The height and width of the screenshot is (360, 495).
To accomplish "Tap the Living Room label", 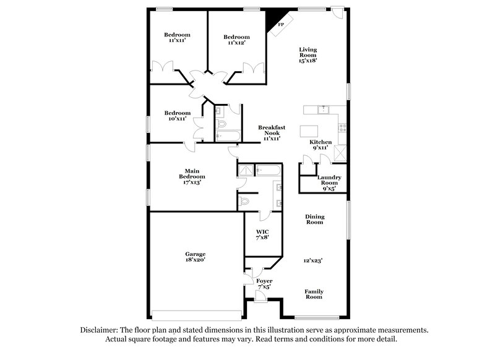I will click(308, 56).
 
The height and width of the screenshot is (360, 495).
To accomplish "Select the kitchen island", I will click(310, 131).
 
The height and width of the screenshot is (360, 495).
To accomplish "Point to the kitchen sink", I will click(321, 109).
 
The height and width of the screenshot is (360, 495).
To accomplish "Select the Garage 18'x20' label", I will click(195, 257).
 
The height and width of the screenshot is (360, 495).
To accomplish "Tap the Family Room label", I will click(314, 294).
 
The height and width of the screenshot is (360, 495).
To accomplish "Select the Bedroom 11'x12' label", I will click(236, 40).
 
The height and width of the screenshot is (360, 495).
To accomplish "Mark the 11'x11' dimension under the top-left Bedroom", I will click(177, 41).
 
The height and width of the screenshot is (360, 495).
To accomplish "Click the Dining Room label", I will click(314, 219).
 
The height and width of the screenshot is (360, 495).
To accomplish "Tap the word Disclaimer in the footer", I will click(101, 330).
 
